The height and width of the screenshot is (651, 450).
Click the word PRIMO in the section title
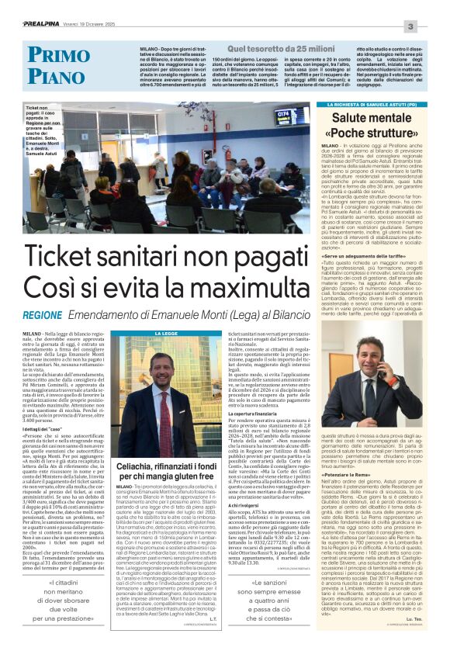61,54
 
